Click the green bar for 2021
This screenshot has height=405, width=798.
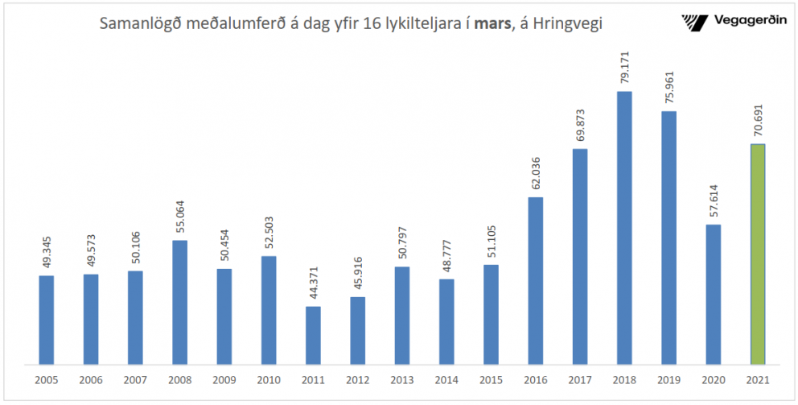757,254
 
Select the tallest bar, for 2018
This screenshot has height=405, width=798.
624,228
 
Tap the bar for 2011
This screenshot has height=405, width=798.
313,335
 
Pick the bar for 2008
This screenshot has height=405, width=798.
179,302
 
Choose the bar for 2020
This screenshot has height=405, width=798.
713,294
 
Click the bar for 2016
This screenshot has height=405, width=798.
535,280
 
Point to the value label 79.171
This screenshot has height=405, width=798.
624,67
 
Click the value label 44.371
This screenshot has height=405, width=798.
313,283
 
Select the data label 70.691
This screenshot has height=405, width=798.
757,120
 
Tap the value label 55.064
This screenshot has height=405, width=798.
179,216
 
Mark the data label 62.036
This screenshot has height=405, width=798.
535,173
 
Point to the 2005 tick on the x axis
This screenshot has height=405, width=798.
46,379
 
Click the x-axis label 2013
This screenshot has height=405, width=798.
401,379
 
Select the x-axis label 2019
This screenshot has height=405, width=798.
668,379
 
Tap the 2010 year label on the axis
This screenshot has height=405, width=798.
268,379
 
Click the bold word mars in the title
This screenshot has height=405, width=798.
492,24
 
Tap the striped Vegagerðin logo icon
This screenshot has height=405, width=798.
693,21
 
